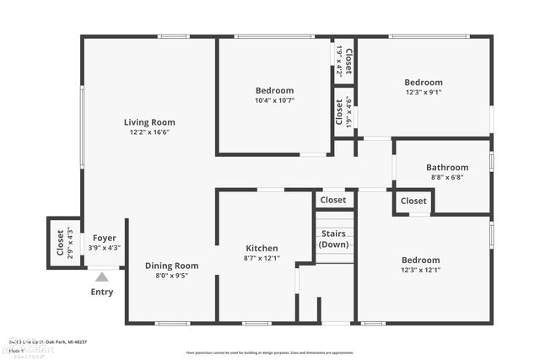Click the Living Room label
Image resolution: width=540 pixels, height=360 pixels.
click(x=149, y=122)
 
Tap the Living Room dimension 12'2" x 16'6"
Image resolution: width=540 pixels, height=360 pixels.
click(x=149, y=132)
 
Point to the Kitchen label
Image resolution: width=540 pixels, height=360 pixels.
click(x=262, y=248)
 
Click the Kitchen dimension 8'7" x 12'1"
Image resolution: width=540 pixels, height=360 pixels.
click(x=262, y=258)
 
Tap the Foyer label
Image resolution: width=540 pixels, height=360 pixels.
click(x=105, y=238)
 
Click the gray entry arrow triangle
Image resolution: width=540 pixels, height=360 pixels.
click(x=102, y=276)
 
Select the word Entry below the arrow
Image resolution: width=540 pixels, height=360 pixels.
click(x=102, y=293)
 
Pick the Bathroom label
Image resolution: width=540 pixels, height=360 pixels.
click(x=445, y=167)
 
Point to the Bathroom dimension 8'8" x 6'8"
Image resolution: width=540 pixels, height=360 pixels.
click(x=445, y=177)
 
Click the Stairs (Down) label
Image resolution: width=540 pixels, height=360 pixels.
click(x=334, y=239)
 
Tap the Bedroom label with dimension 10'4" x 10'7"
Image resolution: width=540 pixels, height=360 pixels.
click(x=274, y=90)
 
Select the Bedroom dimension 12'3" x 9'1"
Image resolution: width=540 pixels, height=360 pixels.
click(x=423, y=93)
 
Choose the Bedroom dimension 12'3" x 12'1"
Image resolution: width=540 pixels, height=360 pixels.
click(x=420, y=270)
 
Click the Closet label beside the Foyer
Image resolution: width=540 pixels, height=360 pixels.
click(x=61, y=243)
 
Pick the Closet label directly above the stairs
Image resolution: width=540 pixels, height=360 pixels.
click(x=333, y=200)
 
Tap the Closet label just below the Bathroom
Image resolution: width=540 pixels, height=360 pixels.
click(x=413, y=201)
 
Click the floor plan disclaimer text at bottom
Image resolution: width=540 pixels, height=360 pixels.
click(x=270, y=352)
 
